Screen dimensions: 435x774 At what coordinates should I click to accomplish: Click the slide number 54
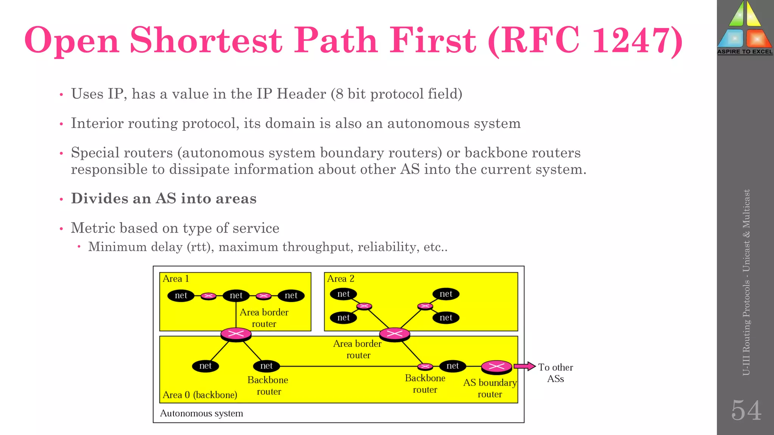[x=746, y=410]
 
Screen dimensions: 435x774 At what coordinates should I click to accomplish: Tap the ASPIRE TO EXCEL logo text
[x=745, y=52]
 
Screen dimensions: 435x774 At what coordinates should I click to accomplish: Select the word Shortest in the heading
[x=206, y=40]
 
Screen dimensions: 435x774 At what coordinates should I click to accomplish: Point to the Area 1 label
[x=176, y=279]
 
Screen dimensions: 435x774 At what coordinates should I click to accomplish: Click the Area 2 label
[x=341, y=279]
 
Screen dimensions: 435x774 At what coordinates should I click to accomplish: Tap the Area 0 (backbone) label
[x=200, y=395]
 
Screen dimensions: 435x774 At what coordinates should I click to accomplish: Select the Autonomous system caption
[x=201, y=413]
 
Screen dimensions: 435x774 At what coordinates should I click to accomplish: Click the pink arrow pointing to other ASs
[x=525, y=366]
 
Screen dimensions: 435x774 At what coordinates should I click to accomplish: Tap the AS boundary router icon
[x=496, y=366]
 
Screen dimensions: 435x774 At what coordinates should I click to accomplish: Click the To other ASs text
[x=555, y=373]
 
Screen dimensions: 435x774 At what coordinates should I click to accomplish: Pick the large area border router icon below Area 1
[x=236, y=334]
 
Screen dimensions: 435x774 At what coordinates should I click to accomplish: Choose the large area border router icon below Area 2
[x=395, y=334]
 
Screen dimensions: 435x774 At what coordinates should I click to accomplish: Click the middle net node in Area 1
[x=236, y=295]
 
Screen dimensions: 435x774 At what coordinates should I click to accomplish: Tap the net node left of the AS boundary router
[x=452, y=366]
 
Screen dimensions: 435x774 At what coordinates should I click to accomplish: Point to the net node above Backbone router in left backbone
[x=266, y=366]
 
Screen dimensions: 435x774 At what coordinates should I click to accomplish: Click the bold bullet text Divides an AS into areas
[x=164, y=199]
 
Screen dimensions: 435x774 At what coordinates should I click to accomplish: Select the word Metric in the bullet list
[x=93, y=228]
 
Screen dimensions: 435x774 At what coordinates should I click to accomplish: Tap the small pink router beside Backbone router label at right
[x=425, y=366]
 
